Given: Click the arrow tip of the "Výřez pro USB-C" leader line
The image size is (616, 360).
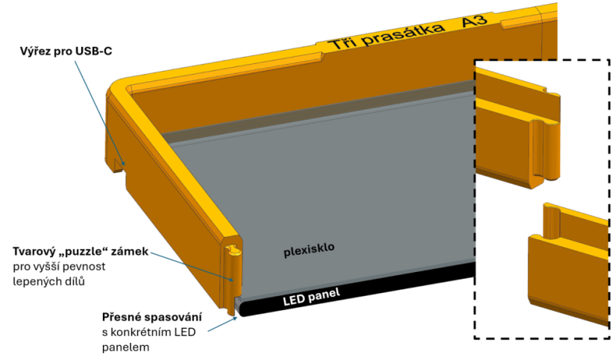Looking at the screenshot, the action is tap(125, 165).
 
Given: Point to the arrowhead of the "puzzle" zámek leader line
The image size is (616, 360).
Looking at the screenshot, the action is tap(234, 281).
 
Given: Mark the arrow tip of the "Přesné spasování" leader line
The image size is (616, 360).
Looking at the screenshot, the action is tap(237, 318).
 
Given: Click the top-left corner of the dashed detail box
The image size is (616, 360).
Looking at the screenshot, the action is tap(475, 60).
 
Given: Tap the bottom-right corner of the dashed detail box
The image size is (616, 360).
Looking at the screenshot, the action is tap(609, 338).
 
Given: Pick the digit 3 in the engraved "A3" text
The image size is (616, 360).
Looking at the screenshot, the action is tap(481, 19).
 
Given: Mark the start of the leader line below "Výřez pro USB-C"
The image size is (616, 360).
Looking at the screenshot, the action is tap(75, 61).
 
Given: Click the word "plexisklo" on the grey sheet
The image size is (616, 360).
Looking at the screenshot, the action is tap(309, 250).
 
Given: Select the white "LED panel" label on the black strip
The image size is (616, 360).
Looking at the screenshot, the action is tap(311, 297).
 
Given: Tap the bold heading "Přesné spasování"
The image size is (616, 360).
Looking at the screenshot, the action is tap(152, 317).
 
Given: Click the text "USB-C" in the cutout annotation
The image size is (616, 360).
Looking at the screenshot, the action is tap(94, 51).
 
